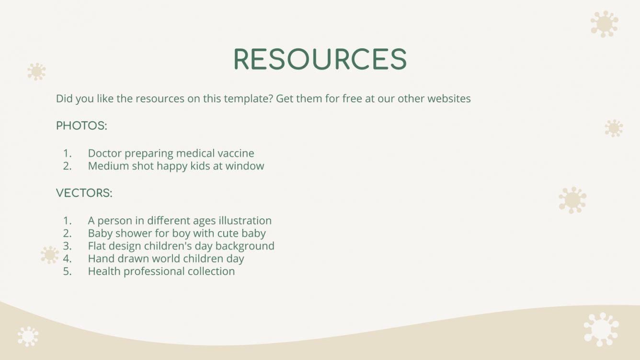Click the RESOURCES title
tap(320, 59)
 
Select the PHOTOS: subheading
tap(81, 125)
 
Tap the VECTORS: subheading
tap(84, 193)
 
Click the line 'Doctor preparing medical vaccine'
tap(171, 153)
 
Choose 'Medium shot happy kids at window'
tap(176, 166)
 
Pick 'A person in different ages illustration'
tap(180, 221)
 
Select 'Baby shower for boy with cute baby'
tap(177, 233)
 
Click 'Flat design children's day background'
tap(181, 246)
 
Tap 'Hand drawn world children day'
tap(166, 259)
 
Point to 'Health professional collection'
tap(161, 271)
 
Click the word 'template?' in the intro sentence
tap(249, 99)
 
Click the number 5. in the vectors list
tap(68, 271)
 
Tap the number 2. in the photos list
tap(68, 166)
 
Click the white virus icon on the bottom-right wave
tap(601, 329)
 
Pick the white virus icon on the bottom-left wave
tap(28, 337)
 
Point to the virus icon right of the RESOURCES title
tap(605, 24)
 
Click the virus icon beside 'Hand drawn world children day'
tap(50, 255)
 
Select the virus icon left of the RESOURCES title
tap(36, 72)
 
